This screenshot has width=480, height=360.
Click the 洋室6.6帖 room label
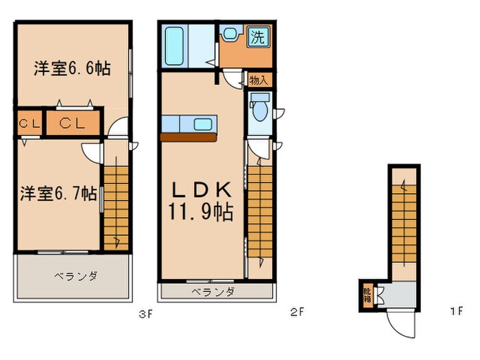click(72, 68)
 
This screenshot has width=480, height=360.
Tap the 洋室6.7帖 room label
click(58, 193)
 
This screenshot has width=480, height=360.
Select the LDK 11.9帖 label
click(201, 201)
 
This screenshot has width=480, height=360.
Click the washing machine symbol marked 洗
click(259, 37)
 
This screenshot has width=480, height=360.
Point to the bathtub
click(174, 46)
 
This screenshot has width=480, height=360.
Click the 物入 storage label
click(259, 80)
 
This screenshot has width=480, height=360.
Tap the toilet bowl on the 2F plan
click(260, 108)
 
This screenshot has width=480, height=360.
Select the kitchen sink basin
click(203, 124)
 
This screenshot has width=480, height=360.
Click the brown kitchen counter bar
click(189, 137)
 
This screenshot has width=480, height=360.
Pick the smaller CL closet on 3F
click(29, 123)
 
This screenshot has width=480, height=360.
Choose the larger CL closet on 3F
click(73, 123)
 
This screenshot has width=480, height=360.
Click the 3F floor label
click(145, 314)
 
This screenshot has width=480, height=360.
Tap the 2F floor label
click(297, 312)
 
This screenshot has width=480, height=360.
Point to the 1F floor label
click(457, 311)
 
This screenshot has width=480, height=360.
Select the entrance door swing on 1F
click(402, 323)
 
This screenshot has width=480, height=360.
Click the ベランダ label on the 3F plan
click(76, 276)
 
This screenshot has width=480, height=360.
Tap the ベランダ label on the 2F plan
click(213, 291)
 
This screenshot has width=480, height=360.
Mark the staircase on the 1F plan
click(404, 224)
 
